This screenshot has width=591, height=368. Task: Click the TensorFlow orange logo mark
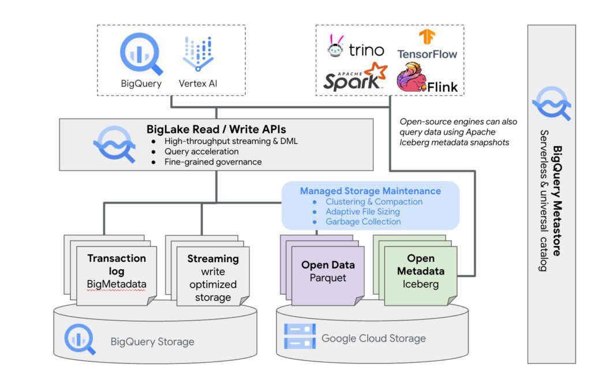(x=427, y=38)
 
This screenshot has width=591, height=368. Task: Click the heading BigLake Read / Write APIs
(x=216, y=129)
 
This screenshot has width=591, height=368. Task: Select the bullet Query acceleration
(x=205, y=151)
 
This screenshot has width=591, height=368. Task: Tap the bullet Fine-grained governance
(x=213, y=162)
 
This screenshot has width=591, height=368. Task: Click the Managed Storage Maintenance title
(x=370, y=191)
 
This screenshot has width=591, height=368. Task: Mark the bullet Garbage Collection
(x=363, y=221)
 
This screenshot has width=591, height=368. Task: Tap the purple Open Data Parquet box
(x=328, y=272)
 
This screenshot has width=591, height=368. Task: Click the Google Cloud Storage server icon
(x=300, y=337)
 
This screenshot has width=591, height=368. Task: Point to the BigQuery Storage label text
(x=152, y=341)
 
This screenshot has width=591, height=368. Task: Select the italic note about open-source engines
(x=458, y=132)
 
